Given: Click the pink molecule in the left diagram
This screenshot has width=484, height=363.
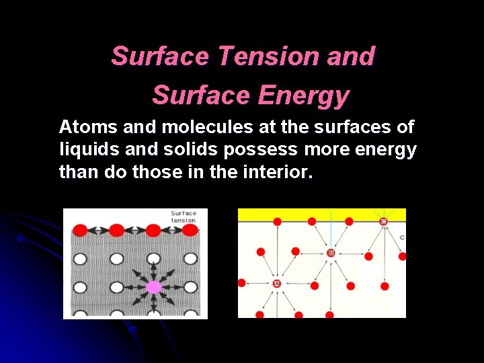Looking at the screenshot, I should pyautogui.click(x=154, y=287).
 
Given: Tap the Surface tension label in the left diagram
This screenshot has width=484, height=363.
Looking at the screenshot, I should pyautogui.click(x=184, y=216).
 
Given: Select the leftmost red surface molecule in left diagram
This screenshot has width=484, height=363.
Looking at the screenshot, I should pyautogui.click(x=80, y=231).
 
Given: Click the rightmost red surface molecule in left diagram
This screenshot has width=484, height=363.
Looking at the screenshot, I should pyautogui.click(x=190, y=231).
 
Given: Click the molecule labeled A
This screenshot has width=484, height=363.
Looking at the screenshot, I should pyautogui.click(x=276, y=284).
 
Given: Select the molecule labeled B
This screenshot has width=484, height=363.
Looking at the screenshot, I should pyautogui.click(x=330, y=253).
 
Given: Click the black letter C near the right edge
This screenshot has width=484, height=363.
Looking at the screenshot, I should pyautogui.click(x=402, y=237).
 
